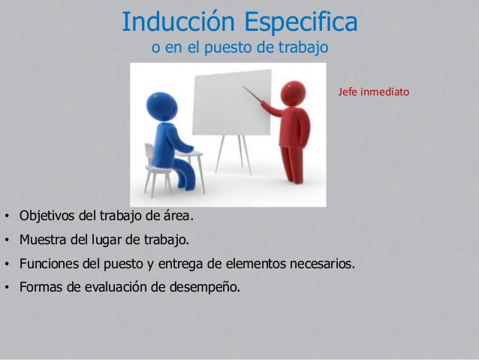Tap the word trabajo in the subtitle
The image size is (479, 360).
(x=304, y=47)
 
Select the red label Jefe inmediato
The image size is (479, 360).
(x=373, y=93)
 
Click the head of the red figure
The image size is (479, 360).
(x=291, y=94)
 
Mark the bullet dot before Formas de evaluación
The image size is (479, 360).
(x=6, y=288)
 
